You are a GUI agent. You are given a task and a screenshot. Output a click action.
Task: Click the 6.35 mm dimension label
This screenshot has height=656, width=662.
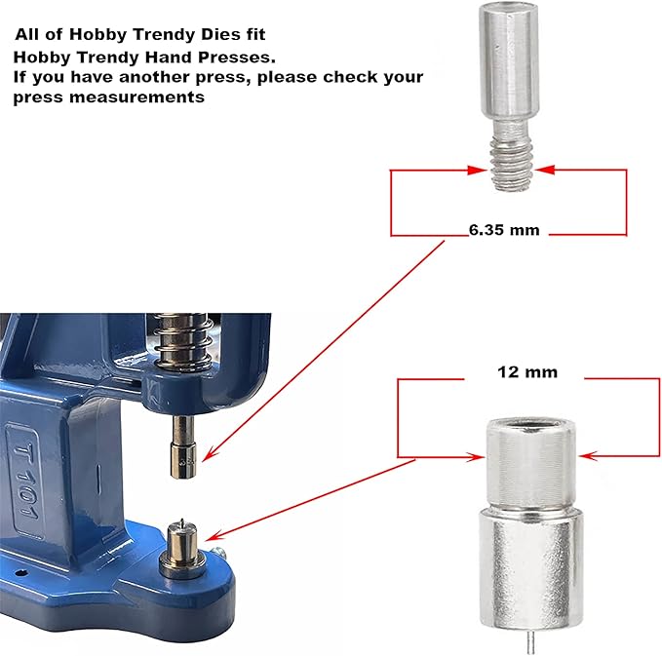coord(503,231)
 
